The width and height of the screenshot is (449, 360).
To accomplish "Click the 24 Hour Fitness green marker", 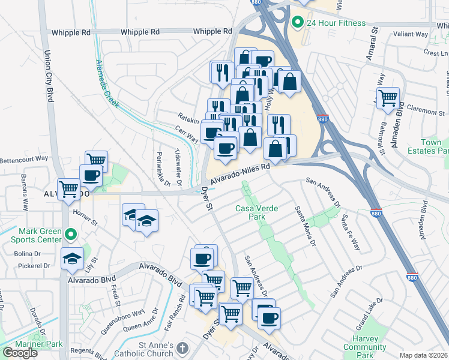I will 297,23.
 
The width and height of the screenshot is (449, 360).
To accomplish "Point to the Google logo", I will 20,353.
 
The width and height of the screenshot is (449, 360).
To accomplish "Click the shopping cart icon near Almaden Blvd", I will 388,97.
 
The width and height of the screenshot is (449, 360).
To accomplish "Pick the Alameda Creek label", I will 106,82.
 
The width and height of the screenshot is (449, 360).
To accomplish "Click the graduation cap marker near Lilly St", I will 73,259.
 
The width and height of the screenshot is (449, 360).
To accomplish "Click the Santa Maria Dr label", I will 305,226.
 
